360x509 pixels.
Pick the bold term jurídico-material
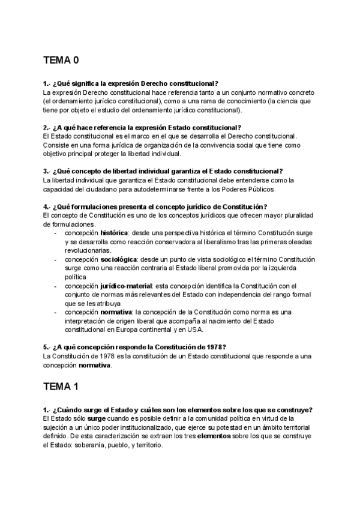[x=126, y=286]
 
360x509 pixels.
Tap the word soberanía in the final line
[x=99, y=445]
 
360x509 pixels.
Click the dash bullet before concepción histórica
[x=56, y=232]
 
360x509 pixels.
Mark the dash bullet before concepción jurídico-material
[x=56, y=286]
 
